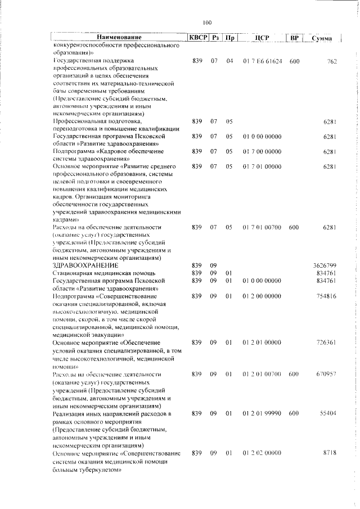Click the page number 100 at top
[206, 22]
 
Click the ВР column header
[294, 38]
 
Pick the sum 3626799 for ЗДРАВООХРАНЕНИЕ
[325, 264]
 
